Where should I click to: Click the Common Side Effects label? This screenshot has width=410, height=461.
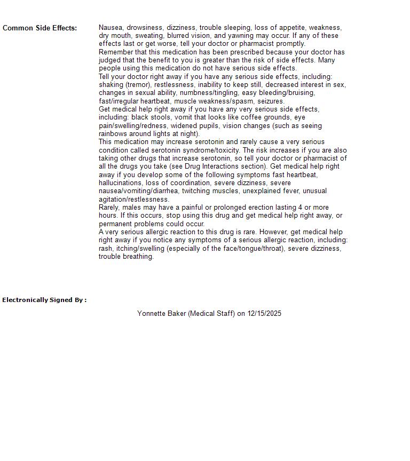(40, 28)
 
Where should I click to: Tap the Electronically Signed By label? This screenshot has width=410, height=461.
(44, 300)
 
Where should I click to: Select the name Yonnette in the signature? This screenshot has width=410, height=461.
(151, 314)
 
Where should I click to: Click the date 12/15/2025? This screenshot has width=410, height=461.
(264, 314)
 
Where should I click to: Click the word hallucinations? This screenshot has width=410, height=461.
(120, 183)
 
